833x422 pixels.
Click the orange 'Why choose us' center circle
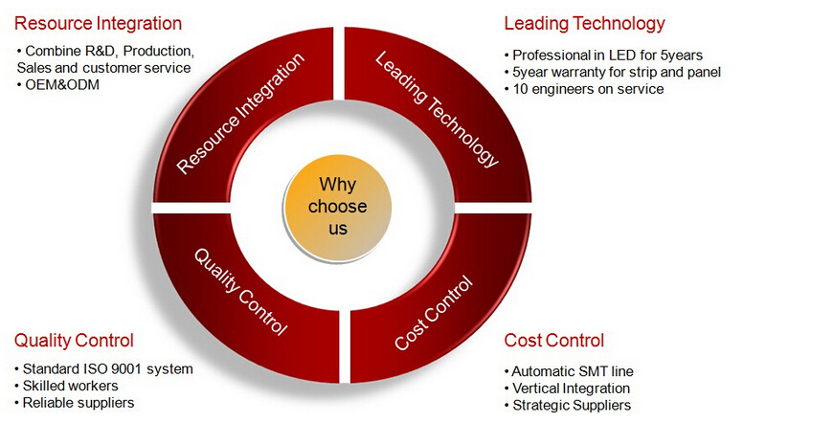pyautogui.click(x=338, y=207)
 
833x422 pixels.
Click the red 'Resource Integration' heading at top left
pyautogui.click(x=99, y=23)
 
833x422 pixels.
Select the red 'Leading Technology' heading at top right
pyautogui.click(x=584, y=23)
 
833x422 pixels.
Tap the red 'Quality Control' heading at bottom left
pyautogui.click(x=74, y=341)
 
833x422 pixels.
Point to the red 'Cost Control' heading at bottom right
pyautogui.click(x=554, y=341)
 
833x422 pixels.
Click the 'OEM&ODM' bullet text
pyautogui.click(x=58, y=85)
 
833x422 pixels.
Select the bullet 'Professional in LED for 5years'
pyautogui.click(x=603, y=56)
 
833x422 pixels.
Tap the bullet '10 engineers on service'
pyautogui.click(x=584, y=89)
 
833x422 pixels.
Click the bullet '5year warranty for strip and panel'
pyautogui.click(x=613, y=72)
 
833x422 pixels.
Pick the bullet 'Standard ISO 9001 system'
pyautogui.click(x=103, y=369)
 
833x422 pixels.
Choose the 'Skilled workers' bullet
pyautogui.click(x=66, y=386)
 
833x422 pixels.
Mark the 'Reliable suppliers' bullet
pyautogui.click(x=75, y=403)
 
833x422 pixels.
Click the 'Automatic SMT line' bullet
pyautogui.click(x=569, y=371)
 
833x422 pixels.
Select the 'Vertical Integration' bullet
pyautogui.click(x=568, y=388)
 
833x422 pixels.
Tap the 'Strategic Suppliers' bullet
pyautogui.click(x=568, y=405)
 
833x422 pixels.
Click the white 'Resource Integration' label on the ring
pyautogui.click(x=240, y=113)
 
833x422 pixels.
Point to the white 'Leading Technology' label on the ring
pyautogui.click(x=438, y=109)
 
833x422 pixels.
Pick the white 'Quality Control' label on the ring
pyautogui.click(x=240, y=292)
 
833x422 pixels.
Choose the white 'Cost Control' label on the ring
pyautogui.click(x=434, y=313)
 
